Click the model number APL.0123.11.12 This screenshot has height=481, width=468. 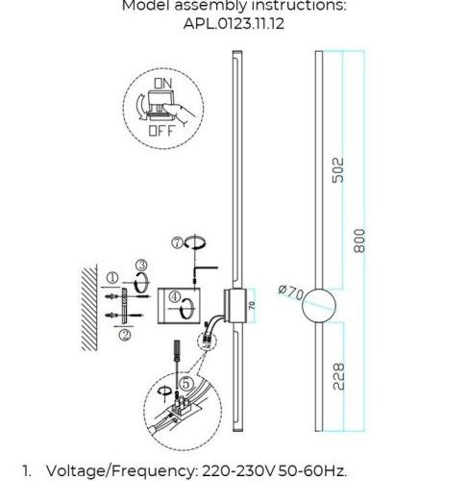tap(234, 25)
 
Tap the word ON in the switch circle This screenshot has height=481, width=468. tap(162, 85)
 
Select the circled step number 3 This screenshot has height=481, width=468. tap(140, 265)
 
